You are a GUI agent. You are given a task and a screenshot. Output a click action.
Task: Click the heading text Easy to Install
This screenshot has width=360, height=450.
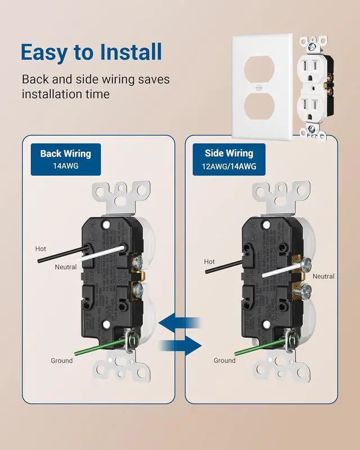pyautogui.click(x=92, y=52)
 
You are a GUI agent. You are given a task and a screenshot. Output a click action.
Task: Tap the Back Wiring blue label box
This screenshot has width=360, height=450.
pyautogui.click(x=65, y=159)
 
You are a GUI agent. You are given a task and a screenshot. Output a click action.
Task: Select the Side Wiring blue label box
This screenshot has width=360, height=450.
pyautogui.click(x=229, y=159)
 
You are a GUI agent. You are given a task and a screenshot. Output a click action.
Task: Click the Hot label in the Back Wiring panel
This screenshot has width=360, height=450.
pyautogui.click(x=40, y=248)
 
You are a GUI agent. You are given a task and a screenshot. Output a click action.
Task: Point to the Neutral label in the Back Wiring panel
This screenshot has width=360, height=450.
pyautogui.click(x=66, y=267)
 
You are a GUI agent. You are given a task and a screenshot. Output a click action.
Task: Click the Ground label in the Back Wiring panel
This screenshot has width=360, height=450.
pyautogui.click(x=61, y=361)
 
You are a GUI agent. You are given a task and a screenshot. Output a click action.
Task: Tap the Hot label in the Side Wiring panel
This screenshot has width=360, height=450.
pyautogui.click(x=209, y=262)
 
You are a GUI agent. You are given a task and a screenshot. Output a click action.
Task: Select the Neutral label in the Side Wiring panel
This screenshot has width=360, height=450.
pyautogui.click(x=323, y=276)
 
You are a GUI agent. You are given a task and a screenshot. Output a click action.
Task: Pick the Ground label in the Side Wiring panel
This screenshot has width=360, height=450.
pyautogui.click(x=224, y=361)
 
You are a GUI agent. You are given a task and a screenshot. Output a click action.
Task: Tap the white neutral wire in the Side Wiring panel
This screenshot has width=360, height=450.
pyautogui.click(x=281, y=273)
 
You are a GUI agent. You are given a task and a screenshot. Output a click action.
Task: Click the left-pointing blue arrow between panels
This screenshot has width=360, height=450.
pyautogui.click(x=179, y=322)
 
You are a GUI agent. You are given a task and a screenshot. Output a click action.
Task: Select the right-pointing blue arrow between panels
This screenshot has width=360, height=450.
pyautogui.click(x=181, y=343)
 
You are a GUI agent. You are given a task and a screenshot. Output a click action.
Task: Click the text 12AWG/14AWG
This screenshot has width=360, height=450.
pyautogui.click(x=229, y=166)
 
